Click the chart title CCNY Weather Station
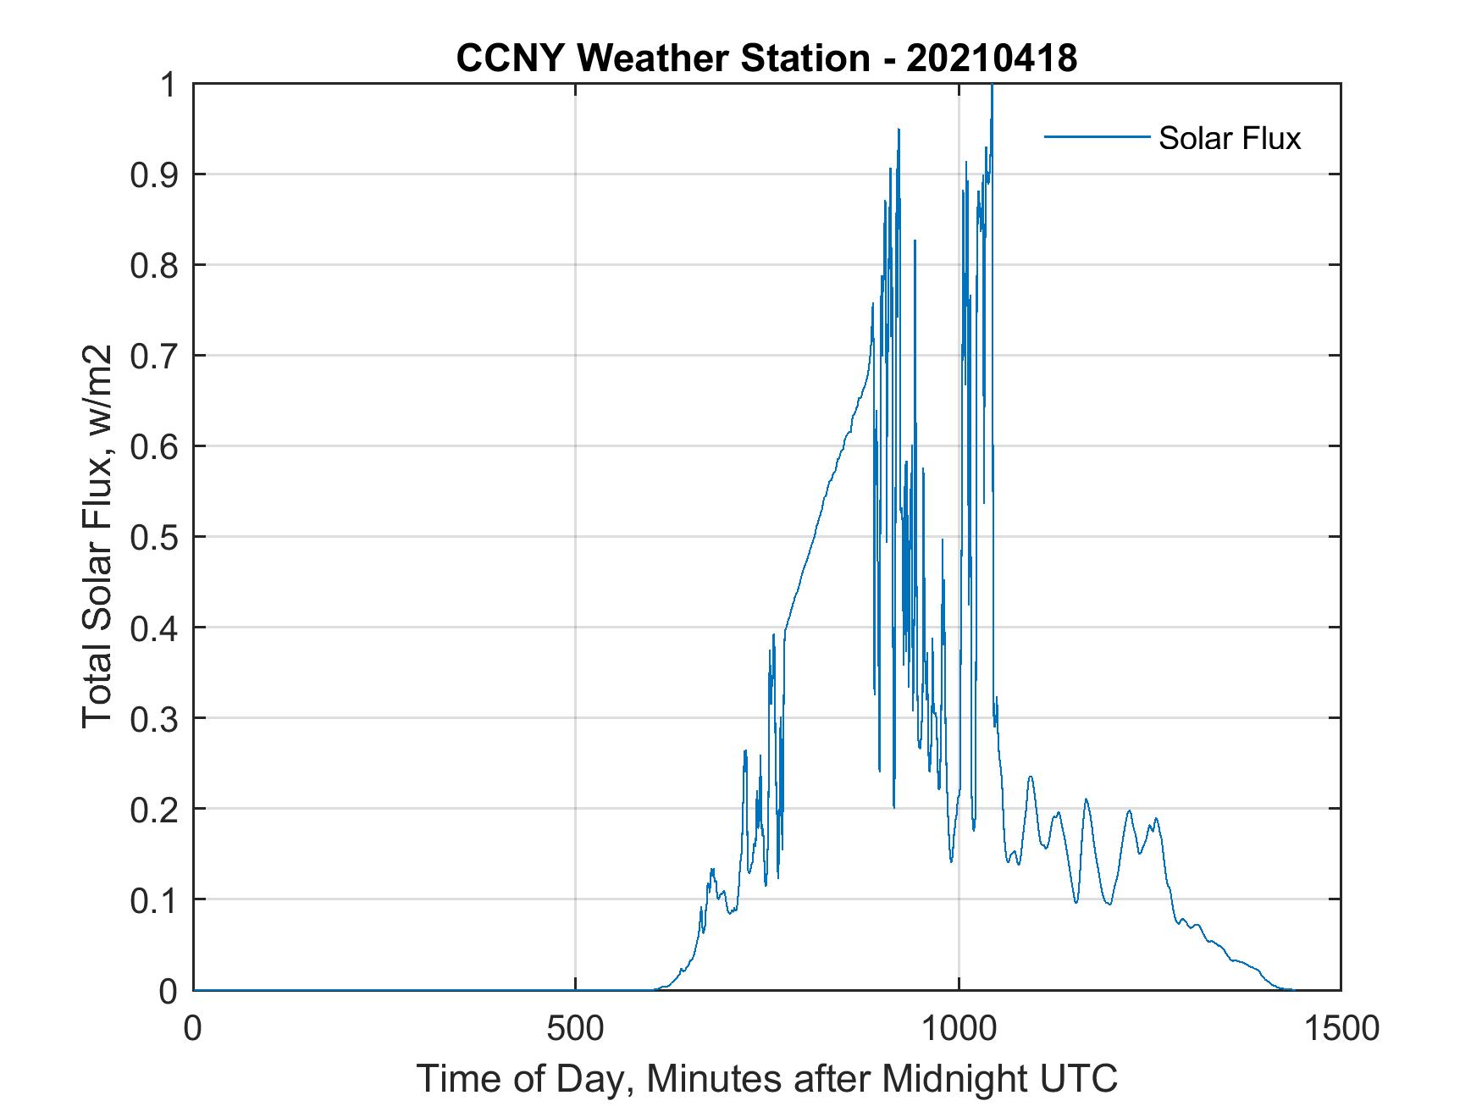tap(662, 58)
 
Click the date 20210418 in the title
tap(992, 58)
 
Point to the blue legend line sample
tap(1096, 136)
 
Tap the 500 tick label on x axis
tap(575, 1028)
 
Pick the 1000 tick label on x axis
tap(958, 1028)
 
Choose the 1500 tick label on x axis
tap(1340, 1028)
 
